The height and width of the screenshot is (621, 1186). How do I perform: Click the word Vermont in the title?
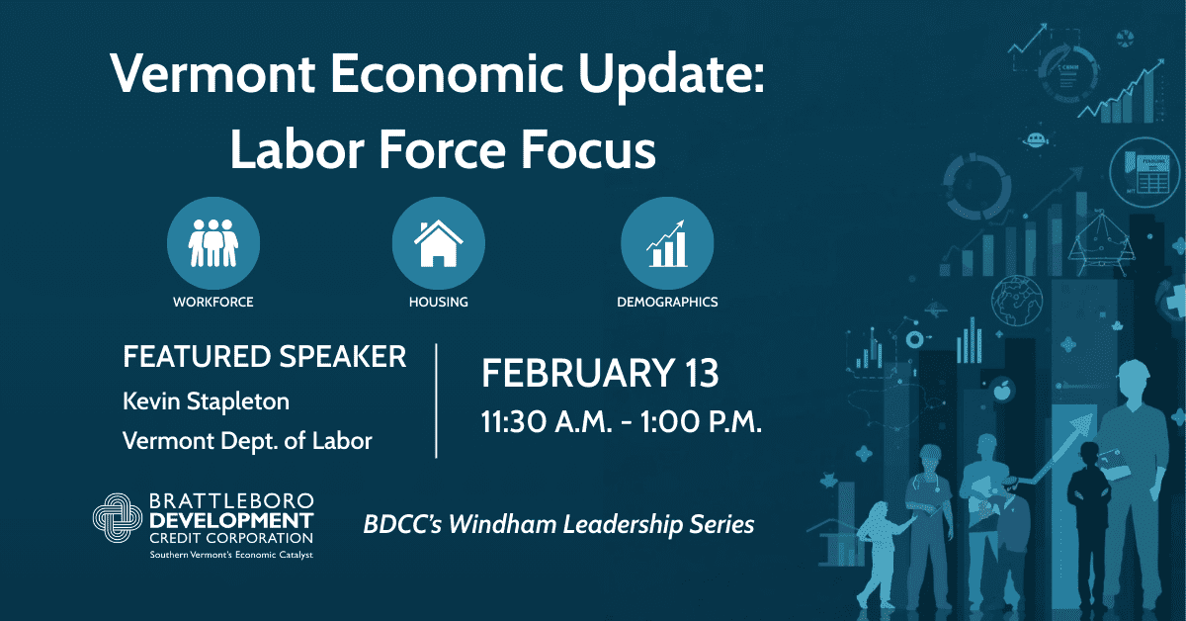213,74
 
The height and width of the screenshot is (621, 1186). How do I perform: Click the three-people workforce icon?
213,242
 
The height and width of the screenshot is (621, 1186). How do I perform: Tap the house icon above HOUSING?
439,243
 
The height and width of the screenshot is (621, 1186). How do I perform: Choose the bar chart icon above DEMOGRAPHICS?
667,243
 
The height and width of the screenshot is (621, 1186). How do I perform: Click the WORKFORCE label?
213,302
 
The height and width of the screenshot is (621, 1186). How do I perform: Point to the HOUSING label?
439,302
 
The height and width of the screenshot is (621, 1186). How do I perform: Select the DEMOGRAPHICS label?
667,302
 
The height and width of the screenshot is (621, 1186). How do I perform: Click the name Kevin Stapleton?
206,402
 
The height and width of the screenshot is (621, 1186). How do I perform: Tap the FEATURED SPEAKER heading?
265,356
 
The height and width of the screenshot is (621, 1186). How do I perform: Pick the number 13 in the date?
702,373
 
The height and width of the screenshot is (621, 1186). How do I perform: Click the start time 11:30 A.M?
547,422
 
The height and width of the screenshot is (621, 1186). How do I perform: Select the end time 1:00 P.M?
701,422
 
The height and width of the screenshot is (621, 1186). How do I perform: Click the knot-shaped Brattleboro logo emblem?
117,518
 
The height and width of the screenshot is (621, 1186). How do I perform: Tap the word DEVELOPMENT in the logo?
231,521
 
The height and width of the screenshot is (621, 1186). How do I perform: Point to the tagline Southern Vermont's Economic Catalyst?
231,555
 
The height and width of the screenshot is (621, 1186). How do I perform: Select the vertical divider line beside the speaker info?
436,400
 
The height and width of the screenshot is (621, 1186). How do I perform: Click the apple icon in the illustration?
1002,391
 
